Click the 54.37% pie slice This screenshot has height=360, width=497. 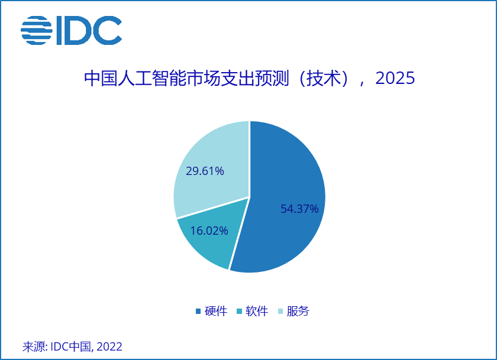(x=290, y=177)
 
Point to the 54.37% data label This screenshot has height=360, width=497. (x=299, y=209)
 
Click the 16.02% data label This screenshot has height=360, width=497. (x=209, y=231)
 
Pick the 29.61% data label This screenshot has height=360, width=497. (x=205, y=171)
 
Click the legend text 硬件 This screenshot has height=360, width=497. (x=216, y=312)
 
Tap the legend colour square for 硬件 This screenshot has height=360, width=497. (x=198, y=312)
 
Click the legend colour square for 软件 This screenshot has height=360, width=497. (x=240, y=312)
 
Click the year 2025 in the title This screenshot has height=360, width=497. (x=395, y=78)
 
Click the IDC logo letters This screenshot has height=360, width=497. (x=89, y=30)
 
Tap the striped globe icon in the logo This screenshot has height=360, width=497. (x=37, y=30)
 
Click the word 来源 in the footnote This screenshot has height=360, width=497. (x=34, y=346)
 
